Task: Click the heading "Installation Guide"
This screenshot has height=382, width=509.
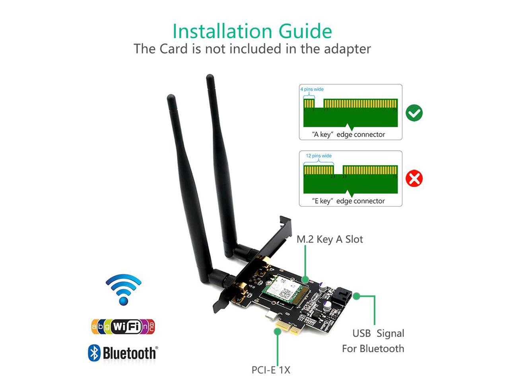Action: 252,31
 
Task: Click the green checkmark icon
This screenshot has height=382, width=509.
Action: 414,113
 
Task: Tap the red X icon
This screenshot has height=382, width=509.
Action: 414,179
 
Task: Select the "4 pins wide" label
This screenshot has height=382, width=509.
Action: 312,89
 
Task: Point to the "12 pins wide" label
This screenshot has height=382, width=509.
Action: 319,156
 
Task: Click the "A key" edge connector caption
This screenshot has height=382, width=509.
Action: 348,134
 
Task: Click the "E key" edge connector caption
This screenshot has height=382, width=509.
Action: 348,201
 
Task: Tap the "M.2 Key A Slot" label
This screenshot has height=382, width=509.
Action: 330,239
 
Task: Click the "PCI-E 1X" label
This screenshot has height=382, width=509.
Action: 271,370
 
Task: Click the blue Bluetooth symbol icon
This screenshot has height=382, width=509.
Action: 94,353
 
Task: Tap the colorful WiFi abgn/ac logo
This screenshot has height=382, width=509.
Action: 123,327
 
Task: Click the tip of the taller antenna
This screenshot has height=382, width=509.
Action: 210,77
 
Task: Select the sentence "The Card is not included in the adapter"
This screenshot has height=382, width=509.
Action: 252,49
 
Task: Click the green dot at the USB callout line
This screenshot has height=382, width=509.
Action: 357,296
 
